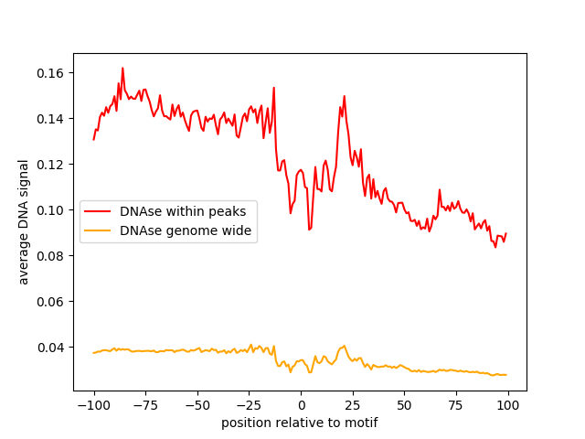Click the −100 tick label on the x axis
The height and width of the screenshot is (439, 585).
93,405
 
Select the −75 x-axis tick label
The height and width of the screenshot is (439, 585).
144,405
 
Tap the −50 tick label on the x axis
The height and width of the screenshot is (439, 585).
197,405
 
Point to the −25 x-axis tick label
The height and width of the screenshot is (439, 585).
249,405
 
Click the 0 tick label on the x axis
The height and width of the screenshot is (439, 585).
301,405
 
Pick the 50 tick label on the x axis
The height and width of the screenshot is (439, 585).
404,405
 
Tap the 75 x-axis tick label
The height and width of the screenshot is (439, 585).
456,405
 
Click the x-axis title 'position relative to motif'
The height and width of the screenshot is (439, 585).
300,423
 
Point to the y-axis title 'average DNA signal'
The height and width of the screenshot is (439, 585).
24,221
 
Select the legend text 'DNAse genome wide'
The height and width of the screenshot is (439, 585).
173,230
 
